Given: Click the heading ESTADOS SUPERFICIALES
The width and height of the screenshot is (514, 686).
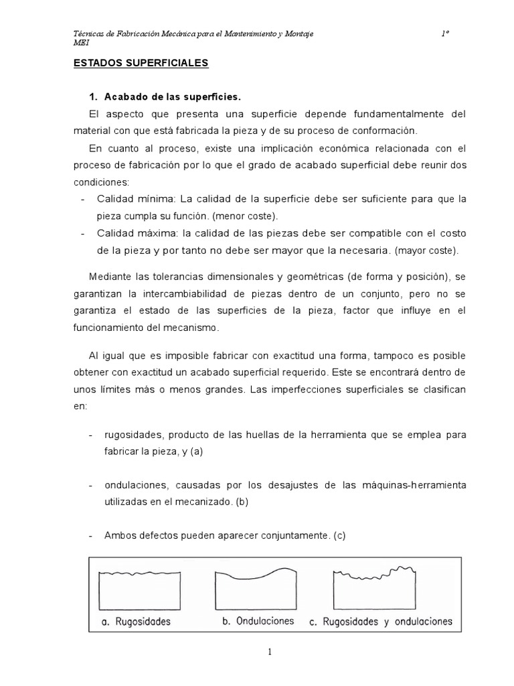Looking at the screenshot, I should pyautogui.click(x=141, y=63).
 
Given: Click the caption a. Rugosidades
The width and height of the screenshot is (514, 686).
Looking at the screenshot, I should pyautogui.click(x=136, y=622).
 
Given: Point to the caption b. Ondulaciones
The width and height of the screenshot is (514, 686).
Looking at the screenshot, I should pyautogui.click(x=258, y=621).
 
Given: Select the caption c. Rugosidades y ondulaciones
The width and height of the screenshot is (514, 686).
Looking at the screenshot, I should pyautogui.click(x=381, y=622).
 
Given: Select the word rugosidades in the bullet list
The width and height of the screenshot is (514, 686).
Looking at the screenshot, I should pyautogui.click(x=133, y=435).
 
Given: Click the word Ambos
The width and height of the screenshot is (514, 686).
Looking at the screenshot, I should pyautogui.click(x=120, y=535).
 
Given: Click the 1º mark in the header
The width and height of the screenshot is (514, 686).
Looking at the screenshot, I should pyautogui.click(x=444, y=33).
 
